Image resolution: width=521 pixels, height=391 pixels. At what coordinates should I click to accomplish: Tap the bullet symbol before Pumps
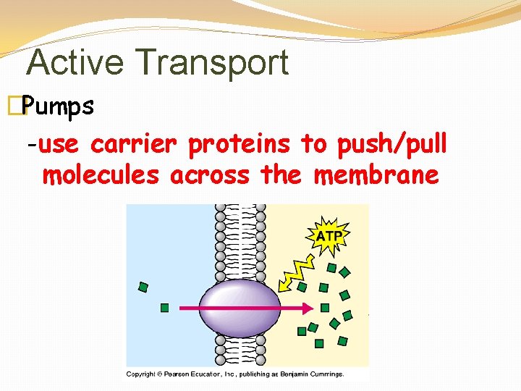pyautogui.click(x=22, y=106)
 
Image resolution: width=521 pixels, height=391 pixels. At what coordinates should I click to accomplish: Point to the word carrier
pyautogui.click(x=133, y=145)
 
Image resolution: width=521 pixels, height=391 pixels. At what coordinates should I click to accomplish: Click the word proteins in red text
pyautogui.click(x=240, y=146)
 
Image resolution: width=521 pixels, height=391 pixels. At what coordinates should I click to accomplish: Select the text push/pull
pyautogui.click(x=391, y=145)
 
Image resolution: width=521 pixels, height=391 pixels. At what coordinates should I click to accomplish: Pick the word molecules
pyautogui.click(x=101, y=175)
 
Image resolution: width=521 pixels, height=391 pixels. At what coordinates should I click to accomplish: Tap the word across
pyautogui.click(x=211, y=175)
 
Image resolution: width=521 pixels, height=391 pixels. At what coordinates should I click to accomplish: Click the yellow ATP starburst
pyautogui.click(x=329, y=235)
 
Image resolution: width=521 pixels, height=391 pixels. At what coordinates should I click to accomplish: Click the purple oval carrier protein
pyautogui.click(x=238, y=308)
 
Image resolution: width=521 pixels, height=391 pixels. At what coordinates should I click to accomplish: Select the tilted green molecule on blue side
pyautogui.click(x=143, y=287)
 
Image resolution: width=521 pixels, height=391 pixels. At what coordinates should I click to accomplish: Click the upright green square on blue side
pyautogui.click(x=164, y=308)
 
